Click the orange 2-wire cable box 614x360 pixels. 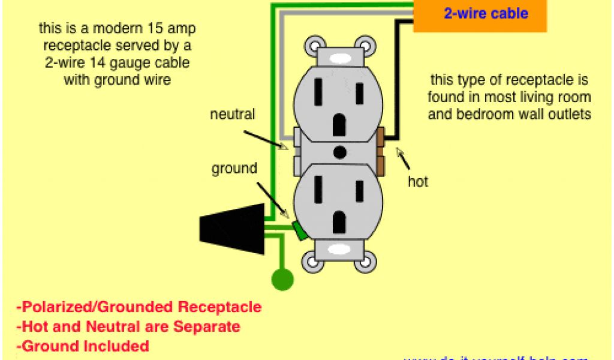[x=480, y=15]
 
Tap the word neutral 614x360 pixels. [x=233, y=114]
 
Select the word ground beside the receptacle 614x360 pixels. [x=234, y=169]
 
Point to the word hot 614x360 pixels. [x=418, y=181]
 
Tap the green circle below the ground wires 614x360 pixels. [x=282, y=280]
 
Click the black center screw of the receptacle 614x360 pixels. [x=339, y=152]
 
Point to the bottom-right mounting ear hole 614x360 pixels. [x=366, y=262]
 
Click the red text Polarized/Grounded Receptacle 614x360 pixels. [x=139, y=307]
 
